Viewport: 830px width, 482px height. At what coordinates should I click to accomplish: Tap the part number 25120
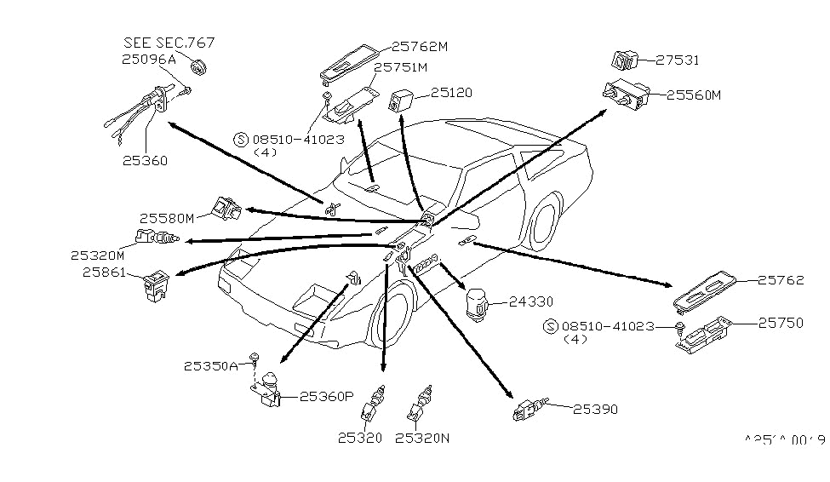click(x=450, y=93)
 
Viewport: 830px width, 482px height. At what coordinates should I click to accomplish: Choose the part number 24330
click(x=531, y=301)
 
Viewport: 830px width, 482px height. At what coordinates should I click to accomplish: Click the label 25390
click(x=595, y=410)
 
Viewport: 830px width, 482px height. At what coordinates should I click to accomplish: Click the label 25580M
click(x=169, y=218)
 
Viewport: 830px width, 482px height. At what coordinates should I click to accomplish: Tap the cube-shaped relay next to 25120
click(x=402, y=100)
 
